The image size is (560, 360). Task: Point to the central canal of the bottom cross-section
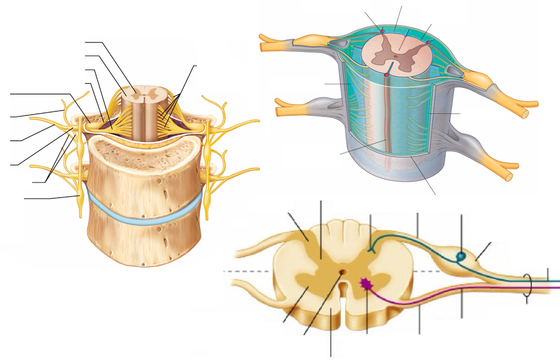pos(342,273)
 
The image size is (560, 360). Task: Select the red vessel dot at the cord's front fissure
pos(387,74)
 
